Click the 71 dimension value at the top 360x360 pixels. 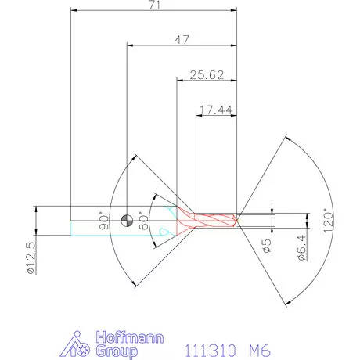153,5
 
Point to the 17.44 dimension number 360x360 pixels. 215,111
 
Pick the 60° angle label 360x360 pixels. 142,219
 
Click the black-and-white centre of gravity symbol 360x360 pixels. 127,220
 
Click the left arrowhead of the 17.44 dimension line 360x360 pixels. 198,116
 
